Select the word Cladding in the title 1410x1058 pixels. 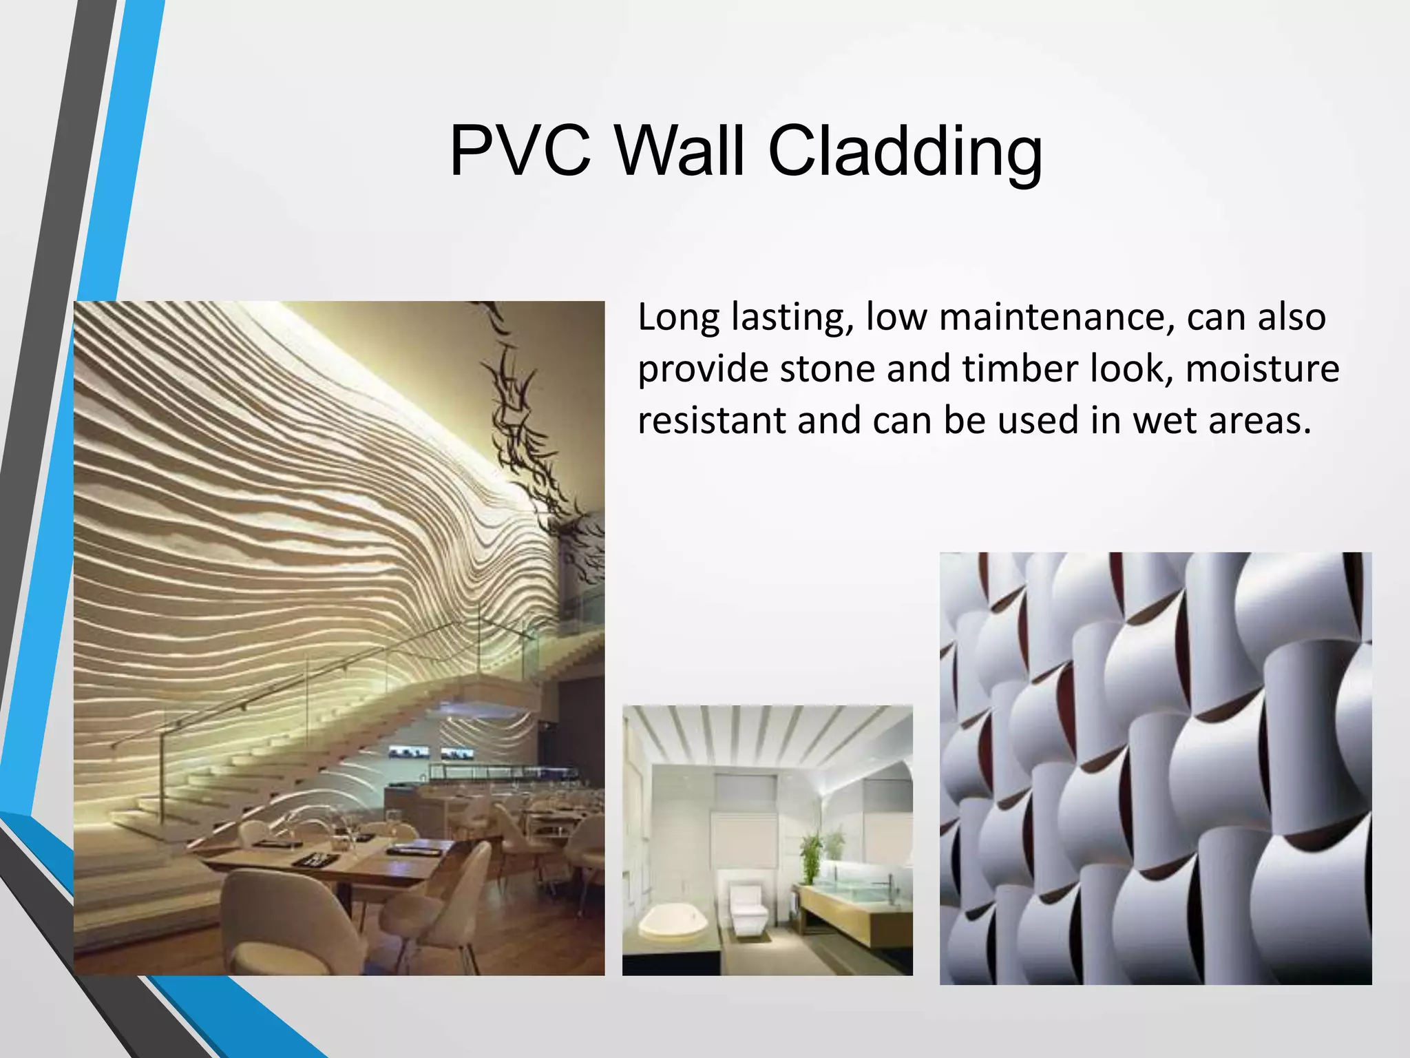904,152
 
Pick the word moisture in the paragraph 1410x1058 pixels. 1263,369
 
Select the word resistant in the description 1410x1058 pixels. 712,420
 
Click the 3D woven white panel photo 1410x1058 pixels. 1155,768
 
